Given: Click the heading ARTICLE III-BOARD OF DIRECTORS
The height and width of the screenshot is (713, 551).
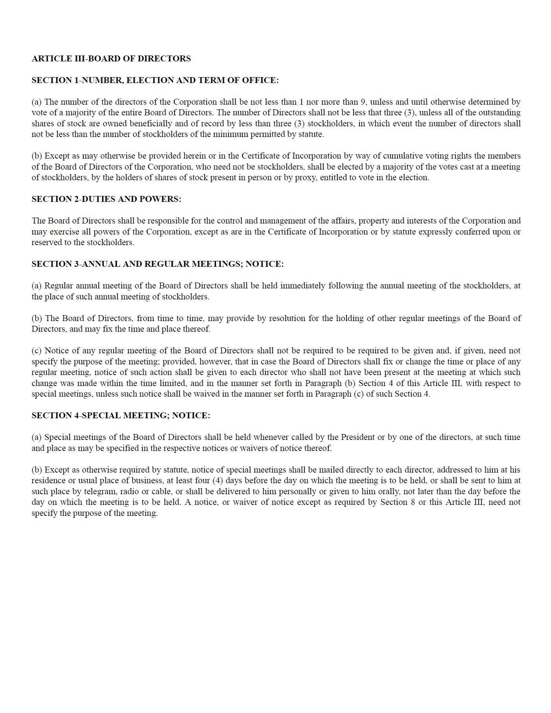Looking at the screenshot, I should click(111, 59).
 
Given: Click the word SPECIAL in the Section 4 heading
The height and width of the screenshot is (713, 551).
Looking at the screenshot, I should click(101, 416).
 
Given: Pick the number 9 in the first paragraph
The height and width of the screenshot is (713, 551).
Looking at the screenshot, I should click(363, 102).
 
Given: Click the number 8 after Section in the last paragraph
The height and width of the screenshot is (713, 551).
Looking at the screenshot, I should click(413, 502).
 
